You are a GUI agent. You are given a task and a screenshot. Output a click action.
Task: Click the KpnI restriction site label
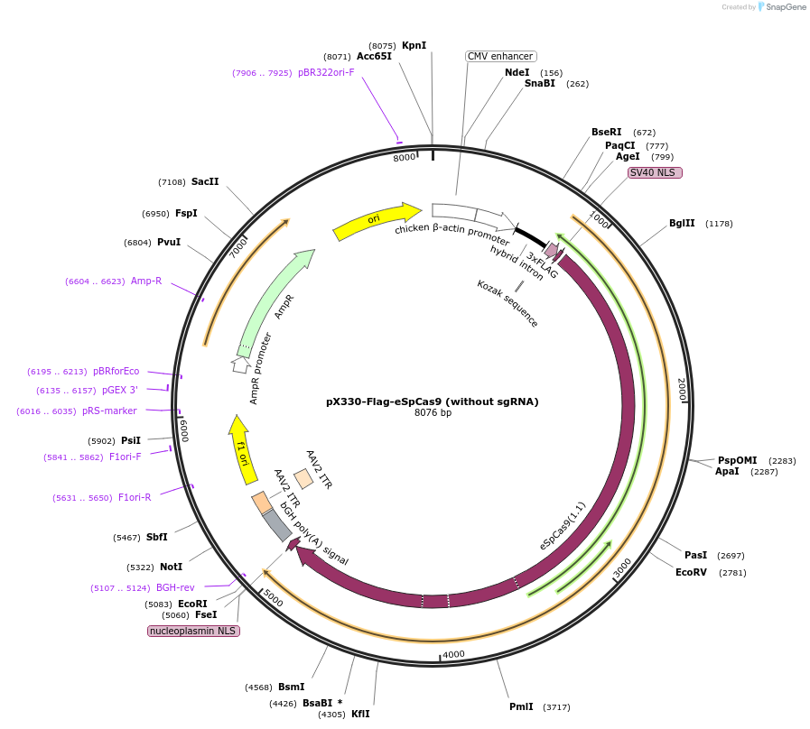(414, 45)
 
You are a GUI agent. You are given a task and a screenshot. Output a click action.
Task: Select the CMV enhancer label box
(500, 56)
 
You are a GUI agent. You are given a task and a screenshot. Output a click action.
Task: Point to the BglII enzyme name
(682, 223)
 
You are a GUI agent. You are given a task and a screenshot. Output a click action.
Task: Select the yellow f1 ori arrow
(241, 448)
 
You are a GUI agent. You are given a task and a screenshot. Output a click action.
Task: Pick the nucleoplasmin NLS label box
(193, 631)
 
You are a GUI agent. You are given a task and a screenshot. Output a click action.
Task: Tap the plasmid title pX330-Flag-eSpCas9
(432, 401)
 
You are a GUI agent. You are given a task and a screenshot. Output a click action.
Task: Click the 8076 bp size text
(433, 413)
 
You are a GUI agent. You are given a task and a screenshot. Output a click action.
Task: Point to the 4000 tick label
(453, 654)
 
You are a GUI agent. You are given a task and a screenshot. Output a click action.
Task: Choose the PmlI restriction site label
(521, 706)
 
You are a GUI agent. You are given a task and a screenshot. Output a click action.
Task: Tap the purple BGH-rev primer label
(175, 587)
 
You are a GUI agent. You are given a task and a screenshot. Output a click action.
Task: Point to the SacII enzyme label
(205, 181)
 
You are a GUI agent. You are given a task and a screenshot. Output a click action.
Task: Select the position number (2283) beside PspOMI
(782, 460)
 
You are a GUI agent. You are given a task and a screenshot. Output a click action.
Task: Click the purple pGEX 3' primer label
(119, 390)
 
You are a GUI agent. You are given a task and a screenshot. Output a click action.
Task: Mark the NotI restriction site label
(172, 567)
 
